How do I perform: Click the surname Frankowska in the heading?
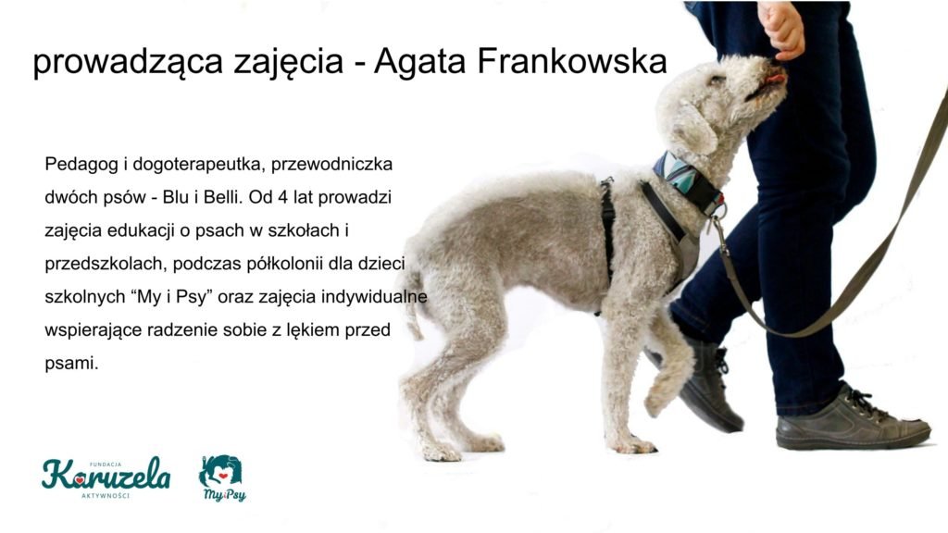point(572,61)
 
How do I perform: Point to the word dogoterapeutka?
point(199,165)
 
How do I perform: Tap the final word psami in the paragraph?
point(71,364)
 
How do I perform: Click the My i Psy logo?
point(222,478)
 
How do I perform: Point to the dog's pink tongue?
point(776,79)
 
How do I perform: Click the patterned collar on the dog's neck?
point(688,180)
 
